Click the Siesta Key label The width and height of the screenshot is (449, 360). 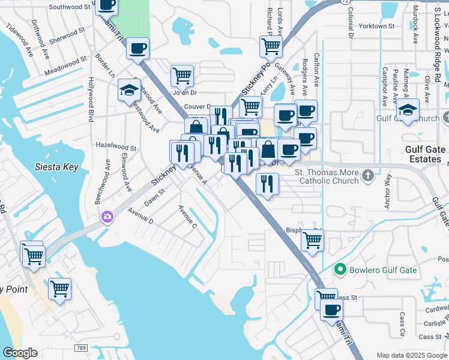coord(56,167)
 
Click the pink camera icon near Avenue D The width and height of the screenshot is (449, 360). coord(107,216)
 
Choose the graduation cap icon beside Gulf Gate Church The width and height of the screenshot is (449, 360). coord(408,110)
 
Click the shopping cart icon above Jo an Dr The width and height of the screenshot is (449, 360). coord(182,75)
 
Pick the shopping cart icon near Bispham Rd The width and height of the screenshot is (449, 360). coord(312,238)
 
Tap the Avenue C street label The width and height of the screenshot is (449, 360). coord(187,217)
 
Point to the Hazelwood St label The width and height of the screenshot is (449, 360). coord(116,146)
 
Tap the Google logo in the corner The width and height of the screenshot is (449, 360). coord(20,353)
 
